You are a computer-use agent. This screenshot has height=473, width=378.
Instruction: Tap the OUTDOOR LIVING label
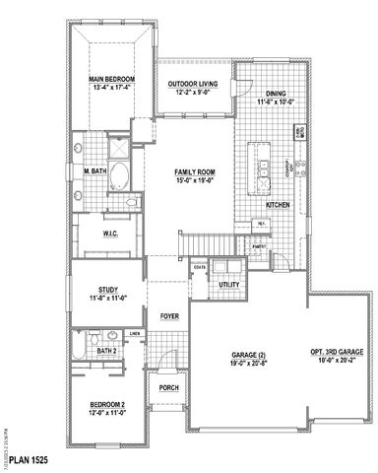192,84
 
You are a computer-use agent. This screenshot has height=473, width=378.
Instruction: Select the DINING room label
270,94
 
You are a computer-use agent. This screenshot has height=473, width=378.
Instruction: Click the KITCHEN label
279,204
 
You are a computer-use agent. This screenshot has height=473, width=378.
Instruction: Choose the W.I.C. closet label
110,234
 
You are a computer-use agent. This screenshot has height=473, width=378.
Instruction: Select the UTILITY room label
229,284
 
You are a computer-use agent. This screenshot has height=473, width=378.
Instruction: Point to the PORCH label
168,387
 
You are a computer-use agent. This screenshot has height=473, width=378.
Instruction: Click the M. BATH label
95,170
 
